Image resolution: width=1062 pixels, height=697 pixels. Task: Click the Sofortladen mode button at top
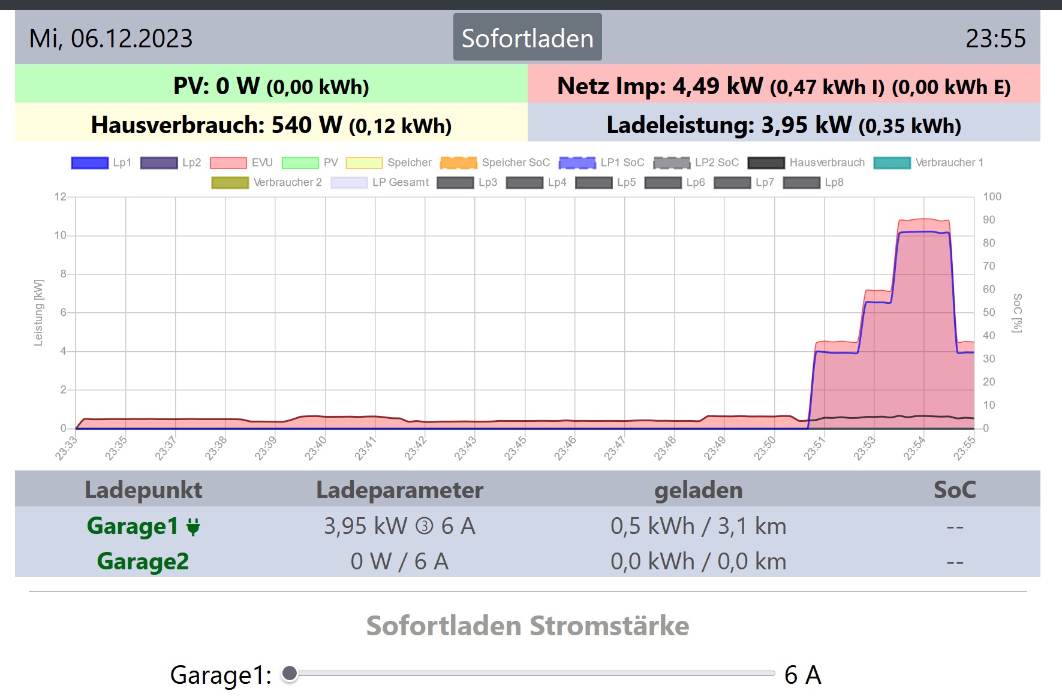(527, 38)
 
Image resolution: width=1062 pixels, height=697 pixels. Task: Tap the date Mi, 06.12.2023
(111, 38)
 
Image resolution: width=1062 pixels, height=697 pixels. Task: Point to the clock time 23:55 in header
(995, 38)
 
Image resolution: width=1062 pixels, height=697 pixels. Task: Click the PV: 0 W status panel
(271, 86)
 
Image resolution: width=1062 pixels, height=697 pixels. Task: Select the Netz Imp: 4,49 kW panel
(784, 86)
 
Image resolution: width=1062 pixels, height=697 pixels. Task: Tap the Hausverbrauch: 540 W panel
(271, 125)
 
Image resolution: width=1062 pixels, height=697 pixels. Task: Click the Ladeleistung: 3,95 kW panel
(784, 125)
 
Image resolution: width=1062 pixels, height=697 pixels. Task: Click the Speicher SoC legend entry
(495, 162)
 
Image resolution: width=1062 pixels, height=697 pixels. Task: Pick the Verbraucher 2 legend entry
(267, 182)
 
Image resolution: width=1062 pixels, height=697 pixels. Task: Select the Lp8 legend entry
(814, 182)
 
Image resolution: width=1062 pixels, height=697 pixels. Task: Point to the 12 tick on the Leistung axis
(60, 197)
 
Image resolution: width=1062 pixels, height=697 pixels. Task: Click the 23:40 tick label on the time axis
(315, 448)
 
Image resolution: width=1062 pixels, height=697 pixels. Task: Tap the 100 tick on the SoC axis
(992, 197)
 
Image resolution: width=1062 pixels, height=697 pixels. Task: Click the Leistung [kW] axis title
(38, 312)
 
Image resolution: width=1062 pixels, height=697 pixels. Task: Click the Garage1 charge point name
(133, 526)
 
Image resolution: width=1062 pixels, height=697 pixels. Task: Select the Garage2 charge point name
(143, 562)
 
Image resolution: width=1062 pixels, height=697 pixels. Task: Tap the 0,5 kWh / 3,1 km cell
(698, 526)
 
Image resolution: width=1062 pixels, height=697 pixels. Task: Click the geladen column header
(698, 490)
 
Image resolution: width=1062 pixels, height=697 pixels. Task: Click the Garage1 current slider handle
(290, 674)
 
